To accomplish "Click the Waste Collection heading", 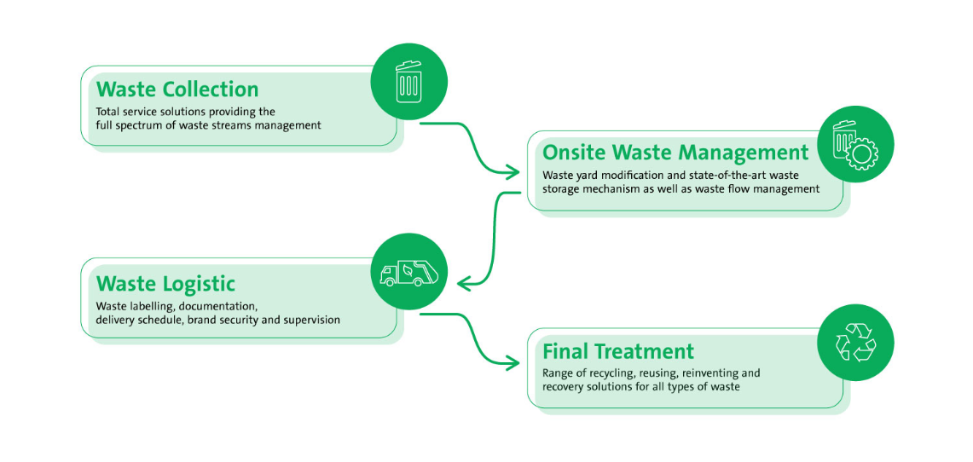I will [x=177, y=90].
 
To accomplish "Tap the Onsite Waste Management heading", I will [x=675, y=153].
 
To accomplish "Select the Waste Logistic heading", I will [x=165, y=283].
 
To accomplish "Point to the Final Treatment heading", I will [x=618, y=351].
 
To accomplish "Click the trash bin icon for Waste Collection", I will [x=409, y=82].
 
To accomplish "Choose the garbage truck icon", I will [x=409, y=272].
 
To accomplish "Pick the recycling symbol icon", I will [x=855, y=344].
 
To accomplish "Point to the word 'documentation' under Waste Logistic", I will [x=220, y=305].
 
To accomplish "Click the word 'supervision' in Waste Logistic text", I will [x=312, y=320].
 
